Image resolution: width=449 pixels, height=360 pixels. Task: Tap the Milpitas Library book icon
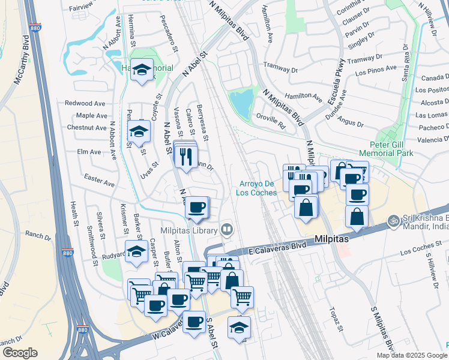coord(227,229)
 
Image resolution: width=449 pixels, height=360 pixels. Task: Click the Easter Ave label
coord(99,180)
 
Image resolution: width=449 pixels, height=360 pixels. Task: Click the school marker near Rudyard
coord(137,252)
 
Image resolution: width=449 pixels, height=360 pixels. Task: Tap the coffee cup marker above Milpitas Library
coord(196,208)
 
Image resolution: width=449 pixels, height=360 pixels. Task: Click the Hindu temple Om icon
coord(394,221)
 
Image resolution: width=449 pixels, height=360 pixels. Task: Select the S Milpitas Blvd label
coord(382,330)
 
